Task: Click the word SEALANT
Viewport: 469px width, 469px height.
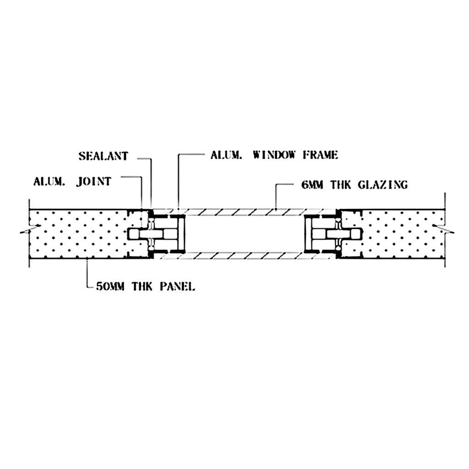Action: pyautogui.click(x=103, y=156)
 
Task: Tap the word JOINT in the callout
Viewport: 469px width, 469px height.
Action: pyautogui.click(x=93, y=181)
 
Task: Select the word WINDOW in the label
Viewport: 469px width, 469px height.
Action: pyautogui.click(x=274, y=155)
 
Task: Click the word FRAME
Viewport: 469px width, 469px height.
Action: pyautogui.click(x=320, y=155)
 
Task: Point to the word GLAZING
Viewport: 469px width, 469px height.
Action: pyautogui.click(x=382, y=185)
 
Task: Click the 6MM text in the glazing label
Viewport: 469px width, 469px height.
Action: pyautogui.click(x=312, y=185)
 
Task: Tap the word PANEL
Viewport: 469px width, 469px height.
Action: pyautogui.click(x=177, y=287)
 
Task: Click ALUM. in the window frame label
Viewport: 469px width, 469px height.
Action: pyautogui.click(x=226, y=155)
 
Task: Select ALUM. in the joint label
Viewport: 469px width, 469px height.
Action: pyautogui.click(x=49, y=181)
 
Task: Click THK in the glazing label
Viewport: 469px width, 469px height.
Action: pyautogui.click(x=340, y=185)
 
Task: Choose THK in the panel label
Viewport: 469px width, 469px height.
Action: pyautogui.click(x=142, y=287)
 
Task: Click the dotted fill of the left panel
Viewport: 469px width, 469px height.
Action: pyautogui.click(x=78, y=233)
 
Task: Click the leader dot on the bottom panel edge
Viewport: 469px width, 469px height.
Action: pyautogui.click(x=87, y=258)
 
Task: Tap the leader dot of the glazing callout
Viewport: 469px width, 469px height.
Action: pyautogui.click(x=276, y=208)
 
